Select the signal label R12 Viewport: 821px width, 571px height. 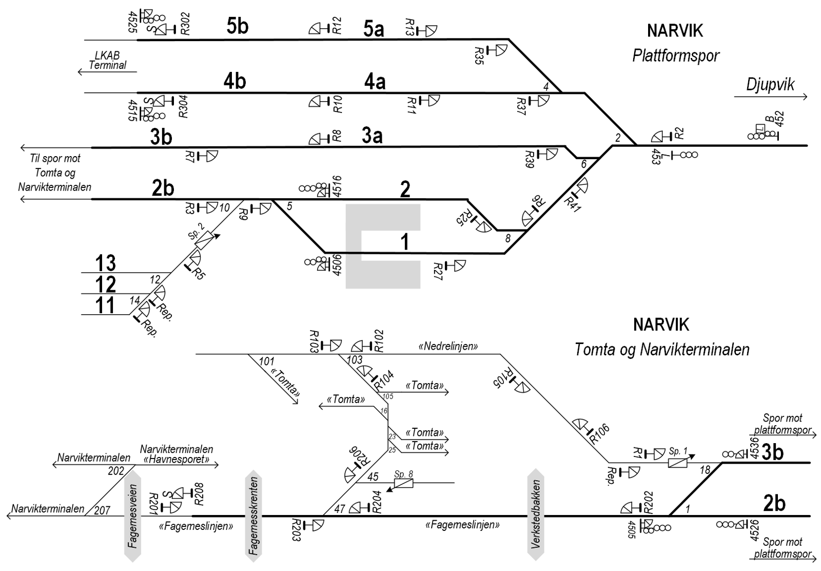337,26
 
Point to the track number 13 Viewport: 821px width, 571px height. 105,263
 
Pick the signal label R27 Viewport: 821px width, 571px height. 438,269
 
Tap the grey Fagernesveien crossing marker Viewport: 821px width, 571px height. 133,516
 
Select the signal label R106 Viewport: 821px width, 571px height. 598,433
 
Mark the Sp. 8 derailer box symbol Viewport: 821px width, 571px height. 403,484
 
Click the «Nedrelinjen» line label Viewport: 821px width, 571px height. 448,347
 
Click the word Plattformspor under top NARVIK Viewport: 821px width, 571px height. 676,55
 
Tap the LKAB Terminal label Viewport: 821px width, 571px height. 108,61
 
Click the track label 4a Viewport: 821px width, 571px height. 375,82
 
